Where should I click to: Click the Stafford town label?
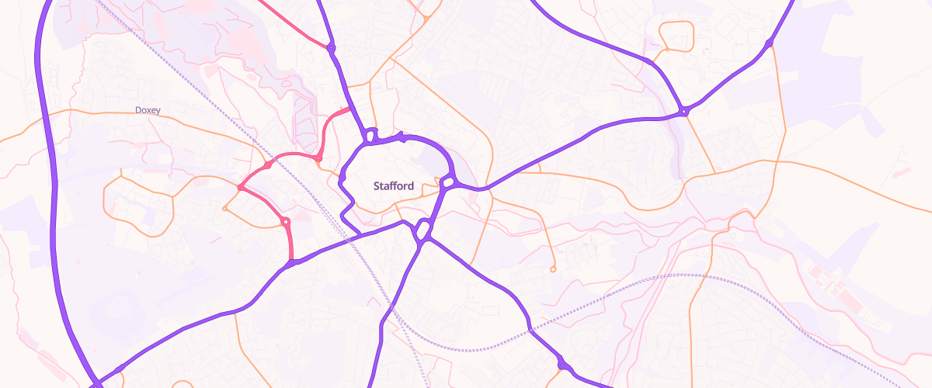(394, 186)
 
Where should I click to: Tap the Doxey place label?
(148, 110)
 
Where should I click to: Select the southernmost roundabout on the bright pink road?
(285, 223)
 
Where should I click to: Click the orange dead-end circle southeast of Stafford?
(553, 269)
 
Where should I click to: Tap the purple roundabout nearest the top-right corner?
(769, 43)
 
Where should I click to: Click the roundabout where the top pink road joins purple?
(332, 48)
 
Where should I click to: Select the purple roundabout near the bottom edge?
(562, 363)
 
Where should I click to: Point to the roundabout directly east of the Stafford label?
(448, 183)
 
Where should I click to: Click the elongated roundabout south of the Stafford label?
(423, 230)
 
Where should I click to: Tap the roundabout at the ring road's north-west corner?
(370, 137)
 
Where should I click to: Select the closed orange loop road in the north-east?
(676, 35)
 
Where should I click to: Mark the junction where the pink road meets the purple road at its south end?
(292, 262)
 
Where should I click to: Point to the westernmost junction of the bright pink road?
(239, 188)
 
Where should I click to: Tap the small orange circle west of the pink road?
(224, 208)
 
